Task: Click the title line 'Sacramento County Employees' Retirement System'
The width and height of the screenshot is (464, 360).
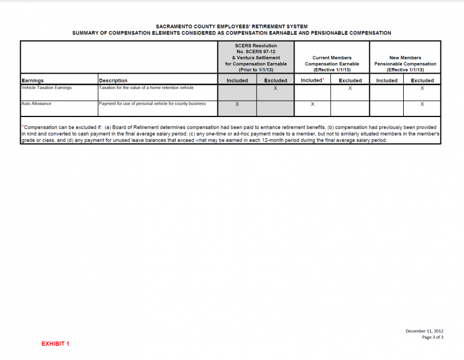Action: point(231,26)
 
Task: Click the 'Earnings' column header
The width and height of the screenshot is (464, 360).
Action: point(33,80)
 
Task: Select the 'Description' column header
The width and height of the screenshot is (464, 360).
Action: point(113,80)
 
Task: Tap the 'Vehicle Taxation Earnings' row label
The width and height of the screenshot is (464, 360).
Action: point(47,88)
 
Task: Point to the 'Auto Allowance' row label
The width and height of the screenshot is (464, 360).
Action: point(37,103)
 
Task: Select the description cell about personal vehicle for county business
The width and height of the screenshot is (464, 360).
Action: point(152,103)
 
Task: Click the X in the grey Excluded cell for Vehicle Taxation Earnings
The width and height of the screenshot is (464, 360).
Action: point(275,88)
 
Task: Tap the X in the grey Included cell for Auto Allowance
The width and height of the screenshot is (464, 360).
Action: point(237,104)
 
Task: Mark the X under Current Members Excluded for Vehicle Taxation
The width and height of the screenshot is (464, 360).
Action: point(350,88)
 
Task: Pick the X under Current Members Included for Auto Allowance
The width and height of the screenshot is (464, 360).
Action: point(312,104)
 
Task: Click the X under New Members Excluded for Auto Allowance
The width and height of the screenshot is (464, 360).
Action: point(422,104)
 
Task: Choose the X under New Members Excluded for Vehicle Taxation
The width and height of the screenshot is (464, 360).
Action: point(422,88)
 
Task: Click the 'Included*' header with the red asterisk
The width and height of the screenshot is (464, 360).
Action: point(312,80)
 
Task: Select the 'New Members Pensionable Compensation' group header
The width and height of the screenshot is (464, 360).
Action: point(405,64)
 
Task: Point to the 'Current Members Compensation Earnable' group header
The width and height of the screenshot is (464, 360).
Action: point(332,64)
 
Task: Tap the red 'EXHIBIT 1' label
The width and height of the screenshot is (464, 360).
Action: point(55,343)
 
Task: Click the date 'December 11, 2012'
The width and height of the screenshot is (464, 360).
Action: point(425,331)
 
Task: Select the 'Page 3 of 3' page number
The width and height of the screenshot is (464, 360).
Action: point(432,337)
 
